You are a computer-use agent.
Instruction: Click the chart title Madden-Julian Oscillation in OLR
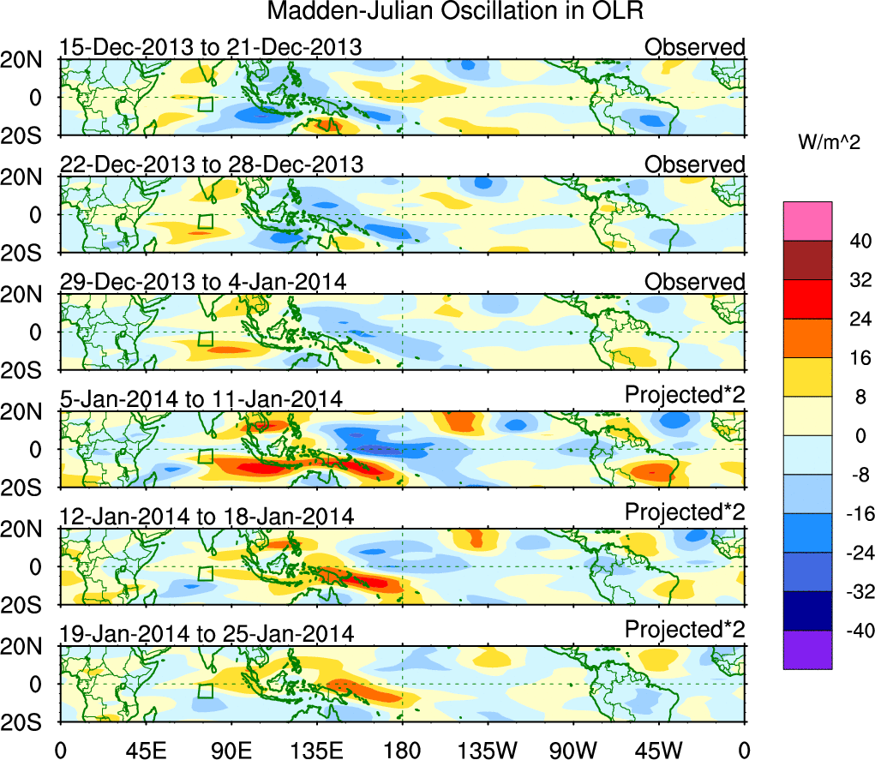(455, 12)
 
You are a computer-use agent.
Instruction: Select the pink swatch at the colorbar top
(807, 221)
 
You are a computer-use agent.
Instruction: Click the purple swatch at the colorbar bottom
(807, 649)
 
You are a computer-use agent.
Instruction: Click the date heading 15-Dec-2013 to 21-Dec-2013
(211, 47)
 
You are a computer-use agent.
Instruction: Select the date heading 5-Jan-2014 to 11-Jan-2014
(201, 398)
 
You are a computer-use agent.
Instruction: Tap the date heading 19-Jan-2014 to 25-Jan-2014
(207, 633)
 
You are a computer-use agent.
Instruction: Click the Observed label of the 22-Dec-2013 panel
(695, 164)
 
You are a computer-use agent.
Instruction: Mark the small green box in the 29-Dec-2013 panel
(205, 338)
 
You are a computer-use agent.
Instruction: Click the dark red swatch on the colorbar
(807, 260)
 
